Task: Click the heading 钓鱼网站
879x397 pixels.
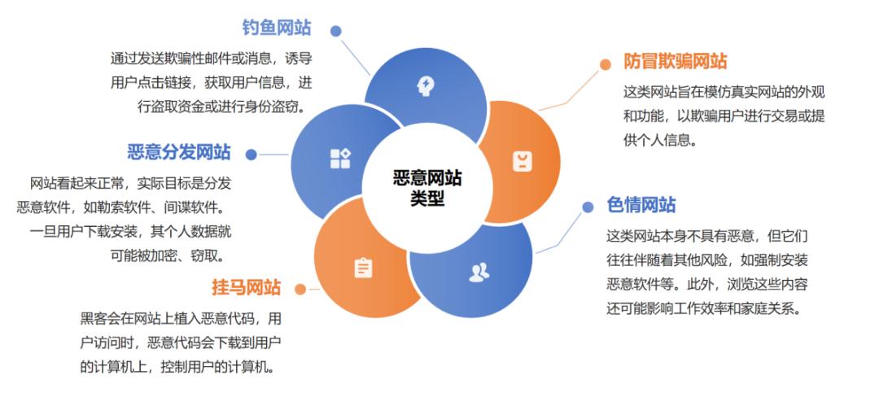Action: point(277,28)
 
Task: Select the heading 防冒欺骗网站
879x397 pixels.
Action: point(675,61)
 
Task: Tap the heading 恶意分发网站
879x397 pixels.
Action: point(179,152)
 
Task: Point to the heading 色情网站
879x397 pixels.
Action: point(641,204)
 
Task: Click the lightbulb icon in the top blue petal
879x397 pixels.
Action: point(424,84)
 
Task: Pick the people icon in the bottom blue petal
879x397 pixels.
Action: point(479,273)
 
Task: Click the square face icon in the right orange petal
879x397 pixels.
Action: point(522,161)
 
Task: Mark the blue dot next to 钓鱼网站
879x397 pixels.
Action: point(336,31)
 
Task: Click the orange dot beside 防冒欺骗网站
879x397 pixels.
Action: point(605,64)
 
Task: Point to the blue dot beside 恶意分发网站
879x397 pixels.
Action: point(251,155)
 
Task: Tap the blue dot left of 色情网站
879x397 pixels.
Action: point(588,207)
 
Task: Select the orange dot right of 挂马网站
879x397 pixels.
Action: point(300,289)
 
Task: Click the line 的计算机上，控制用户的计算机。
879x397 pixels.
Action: point(177,366)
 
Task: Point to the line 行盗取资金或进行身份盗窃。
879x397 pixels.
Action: point(221,106)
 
